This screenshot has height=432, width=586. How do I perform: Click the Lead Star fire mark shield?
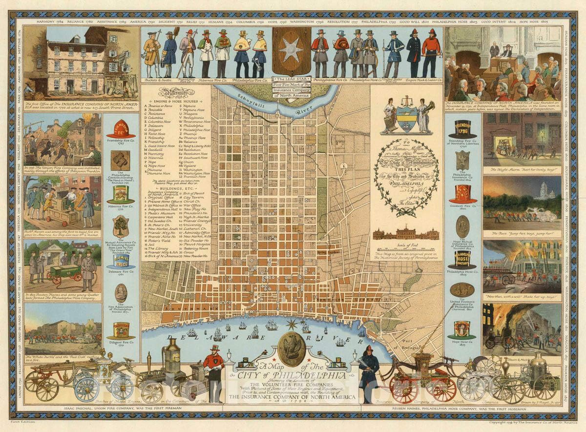(292, 51)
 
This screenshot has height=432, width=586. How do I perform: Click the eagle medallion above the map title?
(292, 349)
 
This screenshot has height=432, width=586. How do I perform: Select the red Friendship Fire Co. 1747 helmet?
(121, 129)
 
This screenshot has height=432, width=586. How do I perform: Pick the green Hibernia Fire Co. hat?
(121, 194)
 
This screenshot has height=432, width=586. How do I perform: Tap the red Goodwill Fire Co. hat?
(462, 194)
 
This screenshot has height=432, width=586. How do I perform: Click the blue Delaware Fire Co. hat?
(121, 260)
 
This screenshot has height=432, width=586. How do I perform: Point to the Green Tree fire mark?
(121, 227)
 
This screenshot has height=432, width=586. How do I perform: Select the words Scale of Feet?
(406, 244)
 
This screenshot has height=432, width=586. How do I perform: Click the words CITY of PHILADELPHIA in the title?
(292, 376)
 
